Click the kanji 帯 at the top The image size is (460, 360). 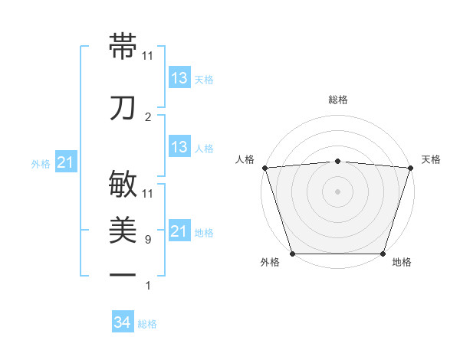[123, 46]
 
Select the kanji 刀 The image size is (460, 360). [123, 108]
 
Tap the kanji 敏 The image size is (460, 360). [123, 185]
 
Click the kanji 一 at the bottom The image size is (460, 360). [123, 275]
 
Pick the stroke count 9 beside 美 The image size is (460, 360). [147, 240]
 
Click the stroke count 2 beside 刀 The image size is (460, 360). [147, 117]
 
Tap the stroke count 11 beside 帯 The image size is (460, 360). [148, 56]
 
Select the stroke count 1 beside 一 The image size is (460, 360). [147, 286]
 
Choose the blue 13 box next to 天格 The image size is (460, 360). [179, 78]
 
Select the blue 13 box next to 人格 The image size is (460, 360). [179, 147]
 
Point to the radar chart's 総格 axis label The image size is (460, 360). [338, 100]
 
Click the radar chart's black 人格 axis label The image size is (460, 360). [245, 159]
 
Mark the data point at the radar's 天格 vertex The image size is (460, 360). [411, 168]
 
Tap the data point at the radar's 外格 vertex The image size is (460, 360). [292, 254]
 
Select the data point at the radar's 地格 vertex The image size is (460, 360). [383, 254]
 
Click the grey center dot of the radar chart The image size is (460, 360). [338, 191]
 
